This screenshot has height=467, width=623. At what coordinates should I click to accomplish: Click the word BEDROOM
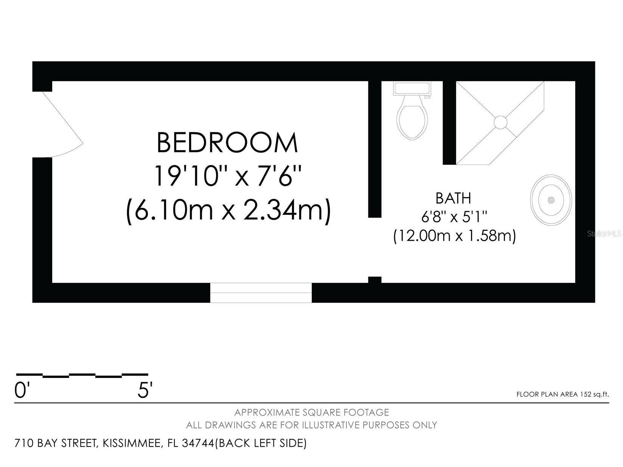point(227,143)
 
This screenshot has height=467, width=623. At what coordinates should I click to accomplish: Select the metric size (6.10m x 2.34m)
point(228,209)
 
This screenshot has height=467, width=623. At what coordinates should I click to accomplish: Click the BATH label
point(453,198)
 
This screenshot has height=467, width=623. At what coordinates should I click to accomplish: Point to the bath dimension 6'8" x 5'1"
point(454,217)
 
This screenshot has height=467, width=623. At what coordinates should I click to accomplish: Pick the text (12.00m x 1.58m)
point(454,236)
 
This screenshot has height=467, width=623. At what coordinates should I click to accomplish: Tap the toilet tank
point(412,88)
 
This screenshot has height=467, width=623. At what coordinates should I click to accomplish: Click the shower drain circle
point(500,123)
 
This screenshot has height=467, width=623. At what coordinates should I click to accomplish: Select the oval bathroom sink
point(551,200)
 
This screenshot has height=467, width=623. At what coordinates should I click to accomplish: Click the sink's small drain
point(551,200)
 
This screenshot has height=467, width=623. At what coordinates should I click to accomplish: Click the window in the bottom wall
point(261,293)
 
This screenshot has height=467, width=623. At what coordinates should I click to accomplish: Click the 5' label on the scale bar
point(145,390)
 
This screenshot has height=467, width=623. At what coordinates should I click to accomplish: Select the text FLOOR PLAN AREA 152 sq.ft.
point(562,394)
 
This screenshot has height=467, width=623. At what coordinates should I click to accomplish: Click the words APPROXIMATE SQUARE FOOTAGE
point(312,412)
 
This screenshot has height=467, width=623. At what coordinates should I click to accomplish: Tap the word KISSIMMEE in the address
point(132,443)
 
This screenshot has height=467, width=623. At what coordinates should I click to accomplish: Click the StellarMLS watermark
point(604,234)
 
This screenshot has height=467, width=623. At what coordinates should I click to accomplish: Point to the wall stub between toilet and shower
point(449,123)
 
